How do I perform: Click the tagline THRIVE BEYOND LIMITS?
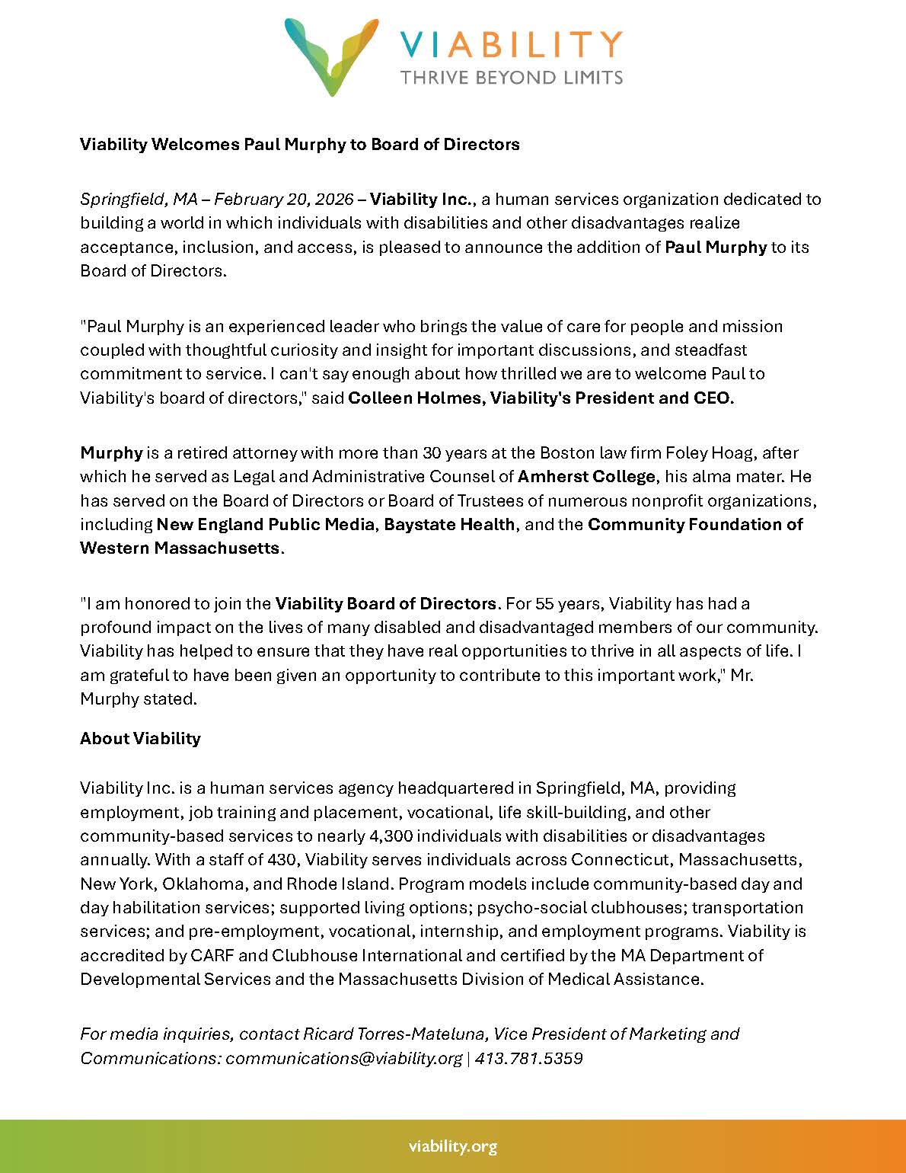512,77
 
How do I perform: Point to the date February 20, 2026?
283,200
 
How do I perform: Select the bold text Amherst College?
586,477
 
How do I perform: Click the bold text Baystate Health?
449,525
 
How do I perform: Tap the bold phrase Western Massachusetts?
180,548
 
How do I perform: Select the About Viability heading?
140,739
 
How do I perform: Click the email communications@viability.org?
344,1059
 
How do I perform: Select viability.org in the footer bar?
452,1146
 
